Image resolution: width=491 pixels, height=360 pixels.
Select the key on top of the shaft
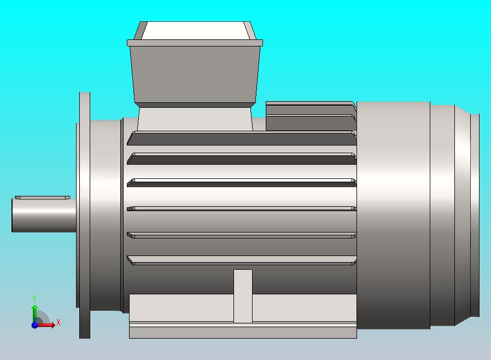pyautogui.click(x=42, y=198)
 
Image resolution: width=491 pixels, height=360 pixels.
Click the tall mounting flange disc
pyautogui.click(x=85, y=214)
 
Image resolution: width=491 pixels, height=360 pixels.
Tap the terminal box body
pyautogui.click(x=195, y=74)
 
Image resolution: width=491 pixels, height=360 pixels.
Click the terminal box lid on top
pyautogui.click(x=195, y=31)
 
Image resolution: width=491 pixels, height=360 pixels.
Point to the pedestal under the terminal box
pyautogui.click(x=195, y=119)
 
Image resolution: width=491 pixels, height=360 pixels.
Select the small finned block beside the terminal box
pyautogui.click(x=309, y=116)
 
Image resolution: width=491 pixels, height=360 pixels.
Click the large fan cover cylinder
pyautogui.click(x=393, y=214)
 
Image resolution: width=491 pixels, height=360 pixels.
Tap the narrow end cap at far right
pyautogui.click(x=475, y=214)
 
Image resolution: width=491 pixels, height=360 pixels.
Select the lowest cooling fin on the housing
pyautogui.click(x=241, y=260)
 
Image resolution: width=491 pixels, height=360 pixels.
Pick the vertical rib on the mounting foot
pyautogui.click(x=243, y=295)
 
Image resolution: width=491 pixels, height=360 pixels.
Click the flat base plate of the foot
pyautogui.click(x=243, y=332)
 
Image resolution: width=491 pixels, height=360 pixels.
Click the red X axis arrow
pyautogui.click(x=47, y=325)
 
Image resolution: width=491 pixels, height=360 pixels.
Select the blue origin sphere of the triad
pyautogui.click(x=34, y=325)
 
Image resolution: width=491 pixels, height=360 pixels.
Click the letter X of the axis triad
pyautogui.click(x=59, y=323)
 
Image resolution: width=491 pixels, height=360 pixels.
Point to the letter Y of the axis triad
pyautogui.click(x=34, y=298)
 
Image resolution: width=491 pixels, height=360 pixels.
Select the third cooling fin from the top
pyautogui.click(x=241, y=183)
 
